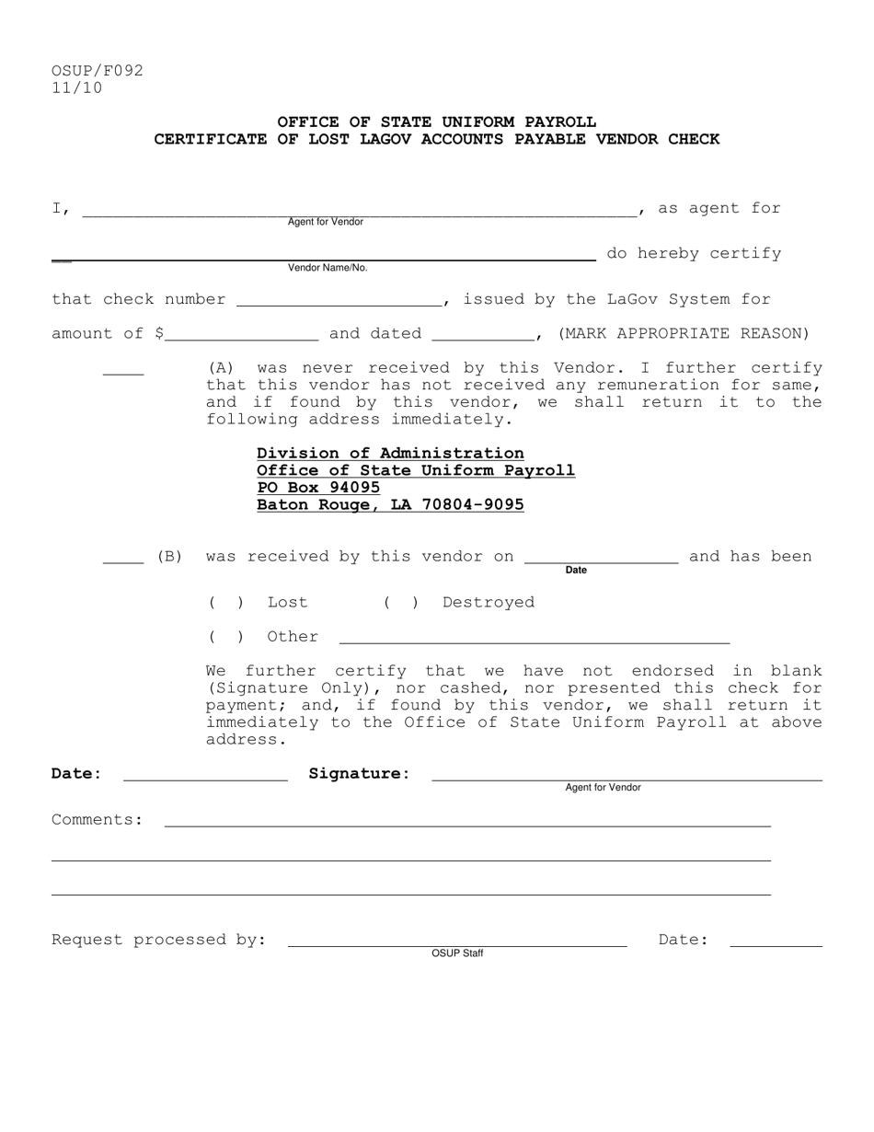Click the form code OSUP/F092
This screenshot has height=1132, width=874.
98,71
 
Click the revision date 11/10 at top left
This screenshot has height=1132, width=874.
77,88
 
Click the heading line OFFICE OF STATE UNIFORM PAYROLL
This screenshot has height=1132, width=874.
436,121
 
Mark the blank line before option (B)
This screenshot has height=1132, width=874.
123,559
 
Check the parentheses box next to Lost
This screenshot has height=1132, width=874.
226,603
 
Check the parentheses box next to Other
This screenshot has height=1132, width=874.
226,637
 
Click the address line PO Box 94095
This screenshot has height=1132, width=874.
318,488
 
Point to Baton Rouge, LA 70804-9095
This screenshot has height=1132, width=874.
390,505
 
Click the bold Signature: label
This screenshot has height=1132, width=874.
359,773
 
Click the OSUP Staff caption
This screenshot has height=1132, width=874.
457,953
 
